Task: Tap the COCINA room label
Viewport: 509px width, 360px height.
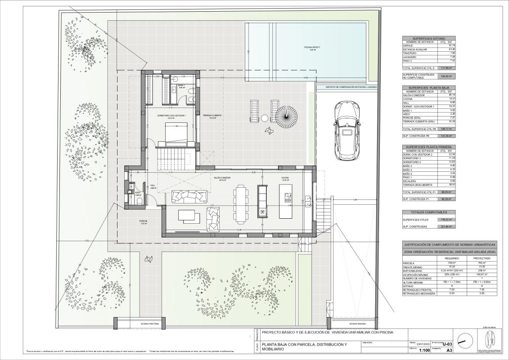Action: coord(285,178)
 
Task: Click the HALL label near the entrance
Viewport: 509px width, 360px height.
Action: coord(153,185)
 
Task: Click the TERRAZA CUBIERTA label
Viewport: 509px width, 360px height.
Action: coord(212,116)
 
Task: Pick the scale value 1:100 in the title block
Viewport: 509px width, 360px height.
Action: coord(424,350)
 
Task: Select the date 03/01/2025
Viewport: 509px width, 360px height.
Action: coord(424,344)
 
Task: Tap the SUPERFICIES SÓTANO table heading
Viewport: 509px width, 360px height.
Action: coord(428,39)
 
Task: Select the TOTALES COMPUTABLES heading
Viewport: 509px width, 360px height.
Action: coord(428,212)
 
